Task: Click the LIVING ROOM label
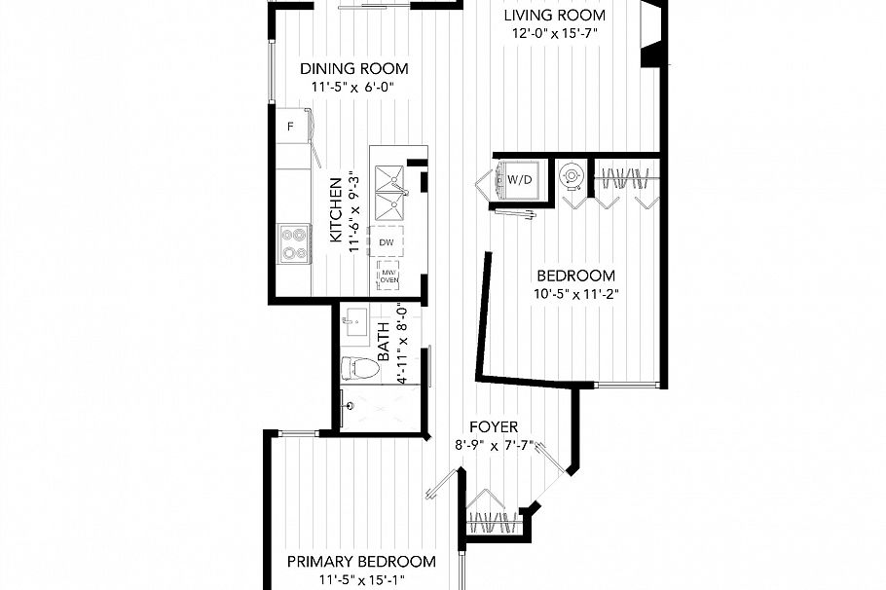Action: pyautogui.click(x=554, y=16)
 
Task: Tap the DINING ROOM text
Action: pyautogui.click(x=353, y=69)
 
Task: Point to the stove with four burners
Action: pyautogui.click(x=294, y=242)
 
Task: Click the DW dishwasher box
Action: pyautogui.click(x=387, y=241)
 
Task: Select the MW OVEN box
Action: pyautogui.click(x=388, y=276)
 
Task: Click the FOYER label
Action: pyautogui.click(x=493, y=427)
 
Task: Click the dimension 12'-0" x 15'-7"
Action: pyautogui.click(x=554, y=33)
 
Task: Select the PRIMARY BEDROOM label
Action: pyautogui.click(x=360, y=562)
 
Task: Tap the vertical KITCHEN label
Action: pyautogui.click(x=335, y=209)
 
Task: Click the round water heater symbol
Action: pyautogui.click(x=571, y=176)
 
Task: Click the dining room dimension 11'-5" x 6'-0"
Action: pyautogui.click(x=353, y=88)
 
